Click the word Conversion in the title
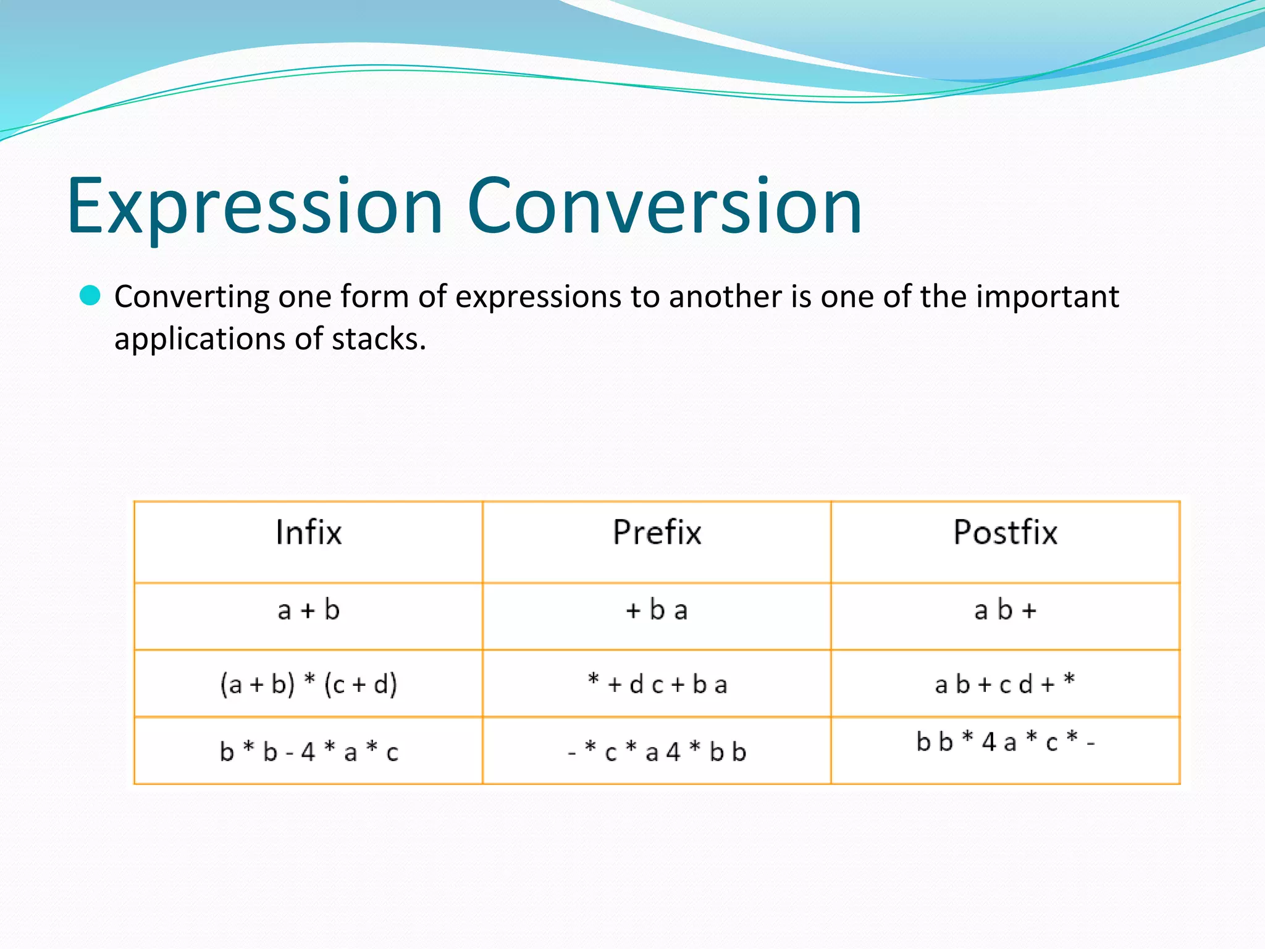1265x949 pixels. pos(664,207)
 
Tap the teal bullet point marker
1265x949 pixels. pos(90,296)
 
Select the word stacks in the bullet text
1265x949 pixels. pos(378,339)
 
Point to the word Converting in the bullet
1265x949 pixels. pos(191,297)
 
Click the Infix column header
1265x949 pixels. pos(308,533)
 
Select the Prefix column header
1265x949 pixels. pos(657,533)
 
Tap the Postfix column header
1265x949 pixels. pos(1005,533)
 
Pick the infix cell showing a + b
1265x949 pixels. pos(308,610)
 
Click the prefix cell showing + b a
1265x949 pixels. pos(657,610)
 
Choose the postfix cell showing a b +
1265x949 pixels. pos(1005,610)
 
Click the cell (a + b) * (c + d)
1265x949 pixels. pos(308,684)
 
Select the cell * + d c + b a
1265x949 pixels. pos(657,684)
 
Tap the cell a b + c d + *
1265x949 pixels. pos(1005,684)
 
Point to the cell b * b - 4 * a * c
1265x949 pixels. pos(308,752)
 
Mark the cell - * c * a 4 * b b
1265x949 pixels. pos(657,752)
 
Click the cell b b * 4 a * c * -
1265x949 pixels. pos(1005,742)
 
